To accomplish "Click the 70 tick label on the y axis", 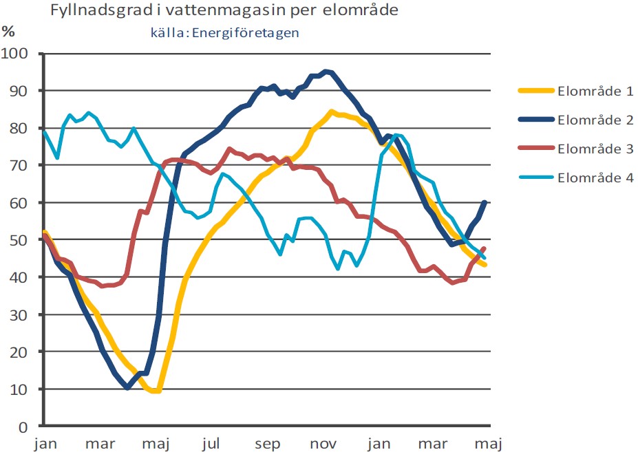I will [x=26, y=165].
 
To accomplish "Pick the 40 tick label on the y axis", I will [x=26, y=277].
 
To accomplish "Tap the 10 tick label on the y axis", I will [x=26, y=389].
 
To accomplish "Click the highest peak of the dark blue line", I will [x=326, y=71].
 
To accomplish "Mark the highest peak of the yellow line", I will [x=332, y=111].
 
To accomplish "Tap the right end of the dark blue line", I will [x=485, y=202].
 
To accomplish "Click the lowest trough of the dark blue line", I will [x=128, y=388].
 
